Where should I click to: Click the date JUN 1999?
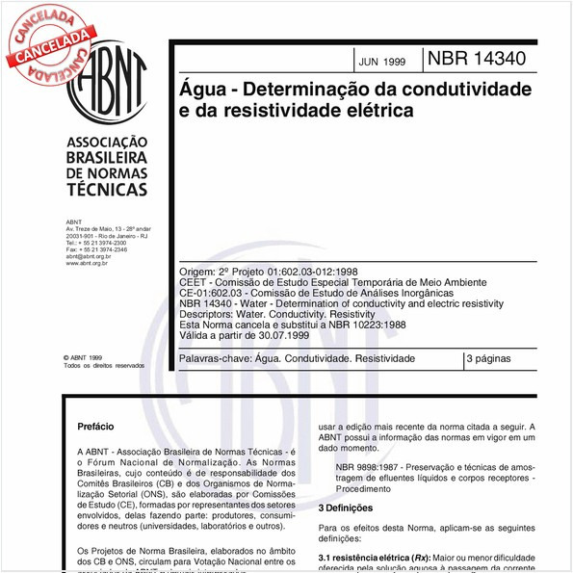tap(381, 62)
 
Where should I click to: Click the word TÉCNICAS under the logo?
tap(106, 191)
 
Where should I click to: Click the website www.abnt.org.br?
tap(86, 263)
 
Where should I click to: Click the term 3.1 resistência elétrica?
tap(366, 557)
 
